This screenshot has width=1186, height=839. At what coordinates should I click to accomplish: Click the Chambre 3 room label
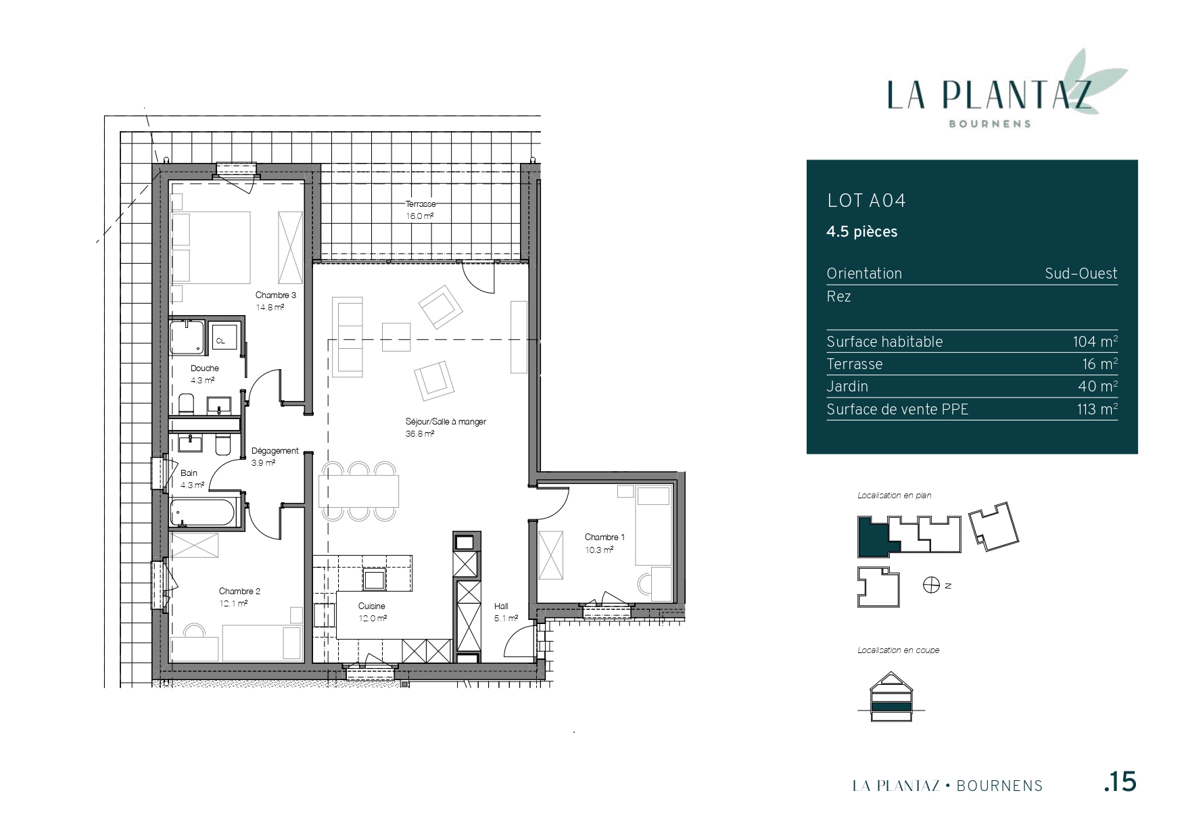275,295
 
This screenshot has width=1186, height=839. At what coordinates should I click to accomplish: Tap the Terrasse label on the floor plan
420,204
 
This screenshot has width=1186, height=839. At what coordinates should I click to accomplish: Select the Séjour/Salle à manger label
446,422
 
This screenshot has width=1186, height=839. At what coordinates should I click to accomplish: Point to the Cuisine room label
372,606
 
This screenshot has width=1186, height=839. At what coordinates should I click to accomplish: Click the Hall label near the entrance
501,606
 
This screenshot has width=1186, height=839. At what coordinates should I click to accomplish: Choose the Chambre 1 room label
604,537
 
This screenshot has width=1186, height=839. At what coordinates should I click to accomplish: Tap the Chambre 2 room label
239,592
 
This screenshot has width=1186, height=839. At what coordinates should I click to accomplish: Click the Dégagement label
275,451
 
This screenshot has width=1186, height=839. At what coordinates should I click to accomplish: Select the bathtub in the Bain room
204,513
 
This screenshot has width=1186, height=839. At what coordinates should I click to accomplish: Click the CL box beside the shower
221,341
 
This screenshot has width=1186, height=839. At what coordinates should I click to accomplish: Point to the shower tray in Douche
187,338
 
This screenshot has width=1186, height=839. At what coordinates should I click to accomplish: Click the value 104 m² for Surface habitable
1095,341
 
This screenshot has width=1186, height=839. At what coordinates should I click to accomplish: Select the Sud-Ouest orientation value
1081,273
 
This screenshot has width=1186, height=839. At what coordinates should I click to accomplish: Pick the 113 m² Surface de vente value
1097,409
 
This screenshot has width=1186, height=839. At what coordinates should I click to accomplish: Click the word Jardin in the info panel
847,387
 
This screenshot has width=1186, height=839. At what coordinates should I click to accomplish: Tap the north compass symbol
931,585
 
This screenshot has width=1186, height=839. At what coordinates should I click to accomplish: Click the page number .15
1120,782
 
